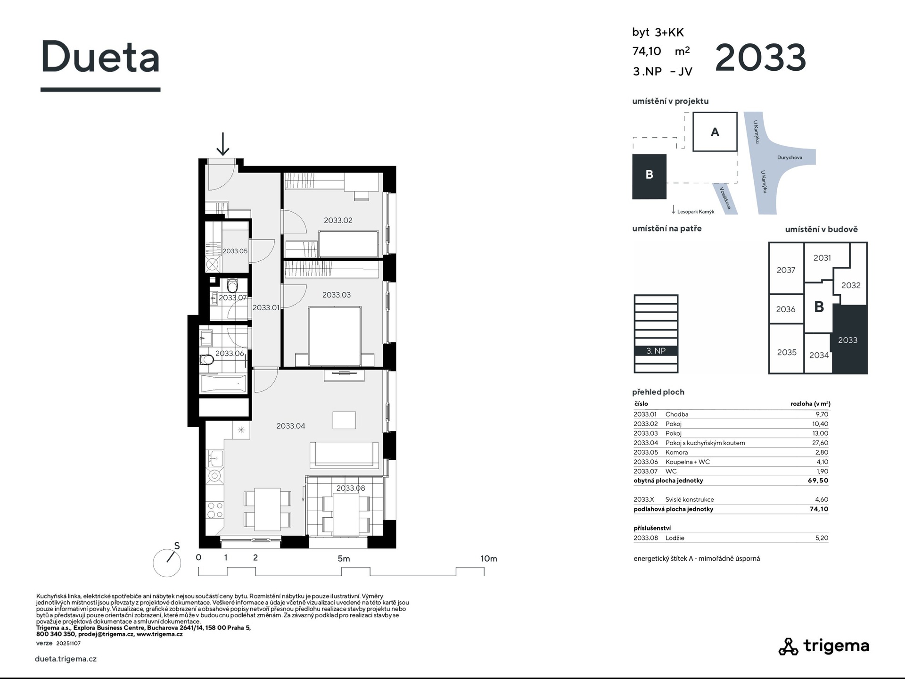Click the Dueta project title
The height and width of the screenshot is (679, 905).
pos(100,57)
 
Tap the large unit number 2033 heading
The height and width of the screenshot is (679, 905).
pos(760,58)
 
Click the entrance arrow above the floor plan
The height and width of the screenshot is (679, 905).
pos(222,144)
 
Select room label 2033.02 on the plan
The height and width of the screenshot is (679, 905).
pos(338,220)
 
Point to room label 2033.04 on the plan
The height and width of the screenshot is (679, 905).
pos(290,426)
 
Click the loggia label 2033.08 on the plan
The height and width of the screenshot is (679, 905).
pos(350,488)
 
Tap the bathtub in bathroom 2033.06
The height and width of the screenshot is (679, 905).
pos(223,384)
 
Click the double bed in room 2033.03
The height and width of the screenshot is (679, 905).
pos(335,336)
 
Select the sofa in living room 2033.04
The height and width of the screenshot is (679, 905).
pos(344,454)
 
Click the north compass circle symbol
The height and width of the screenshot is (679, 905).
pos(167,563)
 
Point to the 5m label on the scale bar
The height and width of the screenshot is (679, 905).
pos(344,559)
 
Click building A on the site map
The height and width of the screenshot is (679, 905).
pos(715,132)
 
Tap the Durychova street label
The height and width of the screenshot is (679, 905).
pos(790,157)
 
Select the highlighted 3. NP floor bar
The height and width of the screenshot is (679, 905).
pos(656,351)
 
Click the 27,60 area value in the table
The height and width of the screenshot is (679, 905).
pos(821,443)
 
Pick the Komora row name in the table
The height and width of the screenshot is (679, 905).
pos(676,452)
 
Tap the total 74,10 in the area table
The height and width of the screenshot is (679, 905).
pos(819,509)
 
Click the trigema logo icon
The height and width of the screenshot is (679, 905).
pos(788,646)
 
